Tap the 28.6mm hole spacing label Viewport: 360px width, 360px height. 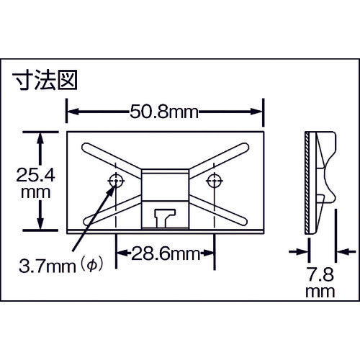pos(165,254)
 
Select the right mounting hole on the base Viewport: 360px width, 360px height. pos(212,180)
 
